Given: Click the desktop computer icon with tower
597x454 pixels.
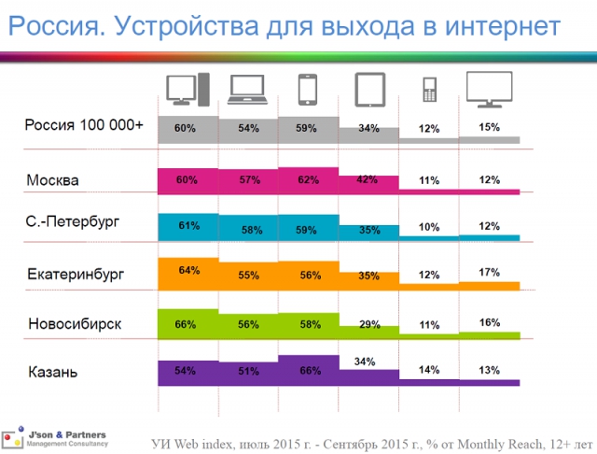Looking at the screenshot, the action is (188, 90).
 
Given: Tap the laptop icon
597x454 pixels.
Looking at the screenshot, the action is (247, 90).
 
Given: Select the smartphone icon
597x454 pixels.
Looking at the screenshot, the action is (308, 90).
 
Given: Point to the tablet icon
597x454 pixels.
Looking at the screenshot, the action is (370, 90).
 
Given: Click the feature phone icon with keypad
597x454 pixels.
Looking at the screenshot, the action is (430, 90).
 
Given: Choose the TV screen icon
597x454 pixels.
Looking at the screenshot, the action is (490, 90).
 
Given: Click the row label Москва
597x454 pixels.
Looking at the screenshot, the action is (52, 180).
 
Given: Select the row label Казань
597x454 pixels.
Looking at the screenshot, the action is (53, 372).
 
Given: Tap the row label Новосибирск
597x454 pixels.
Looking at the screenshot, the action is (75, 324).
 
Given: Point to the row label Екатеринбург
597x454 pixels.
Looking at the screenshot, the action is (76, 275).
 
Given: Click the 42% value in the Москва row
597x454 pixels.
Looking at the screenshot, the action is (368, 179).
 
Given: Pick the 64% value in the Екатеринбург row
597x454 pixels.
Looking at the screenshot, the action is (189, 270).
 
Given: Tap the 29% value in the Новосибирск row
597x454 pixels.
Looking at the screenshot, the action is (369, 324).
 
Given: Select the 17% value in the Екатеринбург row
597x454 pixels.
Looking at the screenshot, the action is (489, 273).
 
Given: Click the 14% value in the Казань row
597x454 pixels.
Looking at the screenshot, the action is (429, 370).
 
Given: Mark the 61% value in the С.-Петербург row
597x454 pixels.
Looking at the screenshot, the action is (189, 226).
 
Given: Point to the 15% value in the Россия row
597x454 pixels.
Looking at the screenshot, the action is (489, 127).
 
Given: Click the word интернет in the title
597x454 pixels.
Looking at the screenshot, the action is (503, 27).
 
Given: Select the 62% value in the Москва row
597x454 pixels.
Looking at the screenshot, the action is (309, 179).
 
